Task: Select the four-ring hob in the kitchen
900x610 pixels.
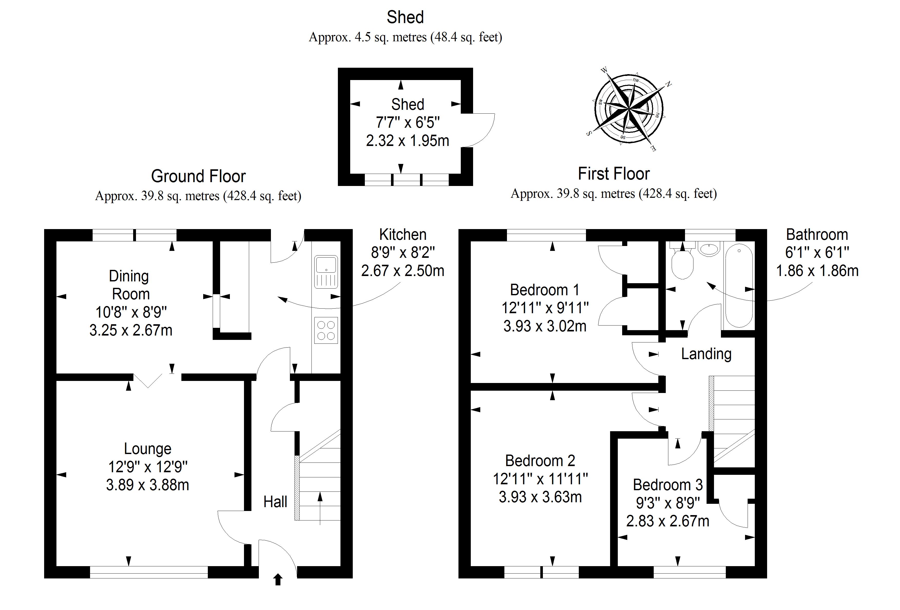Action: coord(326,330)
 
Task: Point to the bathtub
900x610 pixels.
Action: coord(739,286)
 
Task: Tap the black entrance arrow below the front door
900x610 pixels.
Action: coord(278,580)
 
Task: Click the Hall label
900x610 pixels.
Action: coord(275,502)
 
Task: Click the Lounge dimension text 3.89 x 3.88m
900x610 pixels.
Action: coord(148,485)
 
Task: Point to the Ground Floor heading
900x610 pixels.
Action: coord(198,176)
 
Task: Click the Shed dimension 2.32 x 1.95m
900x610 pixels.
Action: coord(407,141)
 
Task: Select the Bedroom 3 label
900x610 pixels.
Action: coord(668,485)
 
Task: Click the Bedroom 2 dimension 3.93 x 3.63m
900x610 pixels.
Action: coord(540,497)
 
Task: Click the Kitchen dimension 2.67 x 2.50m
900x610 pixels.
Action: coord(403,271)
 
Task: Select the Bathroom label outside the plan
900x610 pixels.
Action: coord(817,235)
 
